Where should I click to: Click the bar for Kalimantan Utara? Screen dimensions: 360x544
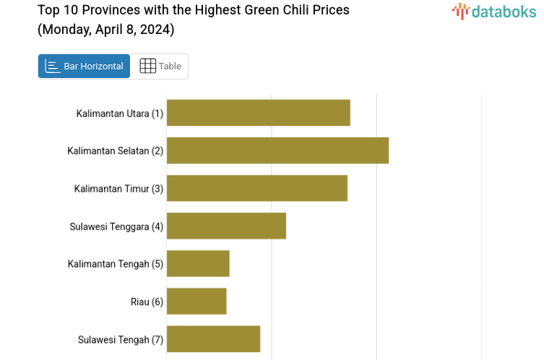tap(258, 113)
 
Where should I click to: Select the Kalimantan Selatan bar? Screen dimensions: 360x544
tap(277, 150)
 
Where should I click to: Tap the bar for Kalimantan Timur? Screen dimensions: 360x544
tap(256, 188)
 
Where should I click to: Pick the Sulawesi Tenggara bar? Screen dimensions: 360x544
tap(226, 226)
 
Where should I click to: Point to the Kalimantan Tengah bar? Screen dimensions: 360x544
tap(198, 263)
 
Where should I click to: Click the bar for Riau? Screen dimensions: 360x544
tap(197, 301)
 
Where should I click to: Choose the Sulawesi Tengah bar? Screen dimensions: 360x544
tap(213, 339)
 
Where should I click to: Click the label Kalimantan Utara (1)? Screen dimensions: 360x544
tap(120, 113)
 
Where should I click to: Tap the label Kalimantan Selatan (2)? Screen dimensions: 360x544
tap(116, 151)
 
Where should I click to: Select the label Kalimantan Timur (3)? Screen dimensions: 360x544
tap(118, 189)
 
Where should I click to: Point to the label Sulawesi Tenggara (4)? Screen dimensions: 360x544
tap(116, 226)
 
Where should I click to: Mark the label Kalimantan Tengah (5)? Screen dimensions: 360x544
tap(116, 264)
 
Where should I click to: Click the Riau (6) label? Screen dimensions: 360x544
tap(147, 301)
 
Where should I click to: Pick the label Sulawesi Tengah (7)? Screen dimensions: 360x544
tap(121, 339)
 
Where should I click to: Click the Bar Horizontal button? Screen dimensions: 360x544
tap(84, 67)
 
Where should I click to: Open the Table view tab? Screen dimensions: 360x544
tap(160, 67)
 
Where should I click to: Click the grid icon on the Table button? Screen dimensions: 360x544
tap(147, 66)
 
